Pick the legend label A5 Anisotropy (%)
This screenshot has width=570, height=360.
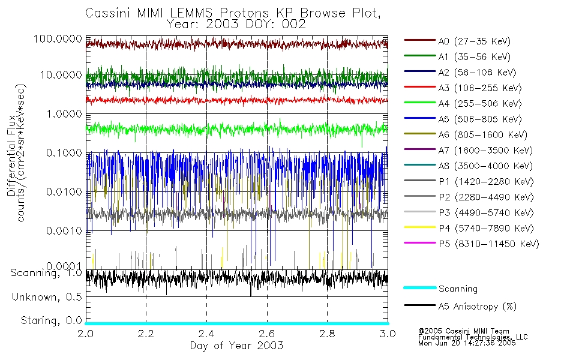[478, 306]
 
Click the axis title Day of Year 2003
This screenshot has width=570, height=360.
[237, 346]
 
